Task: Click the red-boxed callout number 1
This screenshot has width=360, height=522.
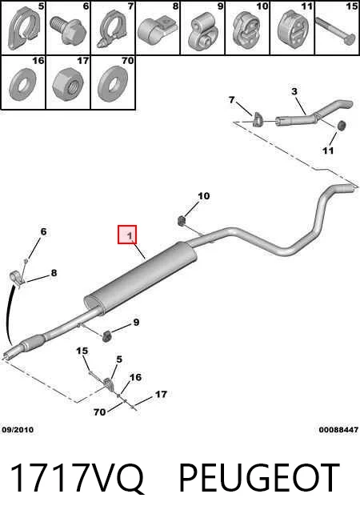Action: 127,235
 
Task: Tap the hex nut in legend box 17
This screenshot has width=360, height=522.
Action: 68,83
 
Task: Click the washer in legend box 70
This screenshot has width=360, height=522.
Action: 113,83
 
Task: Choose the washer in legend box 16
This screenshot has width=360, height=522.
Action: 23,83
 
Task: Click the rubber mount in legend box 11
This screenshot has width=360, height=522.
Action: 293,30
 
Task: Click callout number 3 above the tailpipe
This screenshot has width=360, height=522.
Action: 294,91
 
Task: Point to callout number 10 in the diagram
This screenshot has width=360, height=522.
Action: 204,195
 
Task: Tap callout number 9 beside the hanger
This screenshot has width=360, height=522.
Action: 136,323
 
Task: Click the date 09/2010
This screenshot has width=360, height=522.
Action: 18,430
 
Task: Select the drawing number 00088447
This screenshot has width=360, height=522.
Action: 338,430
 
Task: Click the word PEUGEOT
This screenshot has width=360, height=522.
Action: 259,477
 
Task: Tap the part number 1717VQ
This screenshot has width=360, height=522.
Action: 77,478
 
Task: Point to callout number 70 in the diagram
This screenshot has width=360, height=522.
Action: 99,412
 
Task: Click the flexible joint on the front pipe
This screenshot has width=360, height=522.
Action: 33,341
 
